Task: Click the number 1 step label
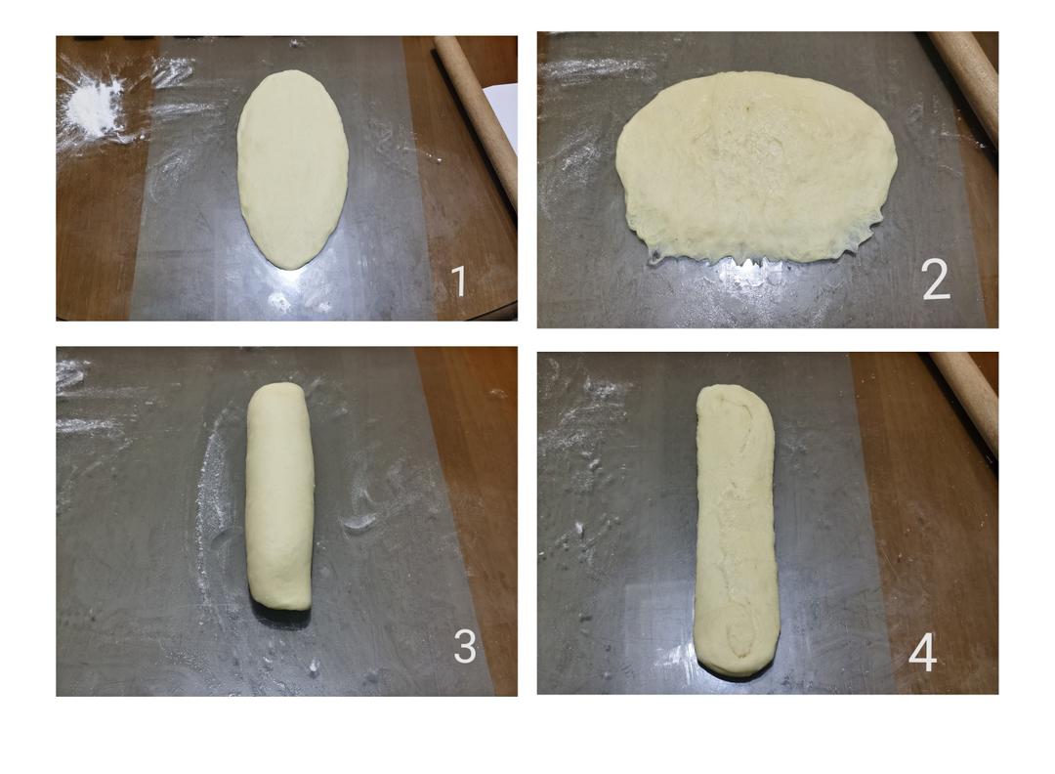pyautogui.click(x=459, y=280)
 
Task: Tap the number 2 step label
pyautogui.click(x=937, y=279)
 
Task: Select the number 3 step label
pyautogui.click(x=465, y=646)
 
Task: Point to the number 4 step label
pyautogui.click(x=922, y=652)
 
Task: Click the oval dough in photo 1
pyautogui.click(x=293, y=169)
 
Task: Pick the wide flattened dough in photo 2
pyautogui.click(x=756, y=165)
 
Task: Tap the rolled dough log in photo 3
pyautogui.click(x=279, y=496)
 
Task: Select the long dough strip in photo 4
pyautogui.click(x=737, y=530)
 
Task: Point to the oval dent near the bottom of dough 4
pyautogui.click(x=738, y=631)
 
